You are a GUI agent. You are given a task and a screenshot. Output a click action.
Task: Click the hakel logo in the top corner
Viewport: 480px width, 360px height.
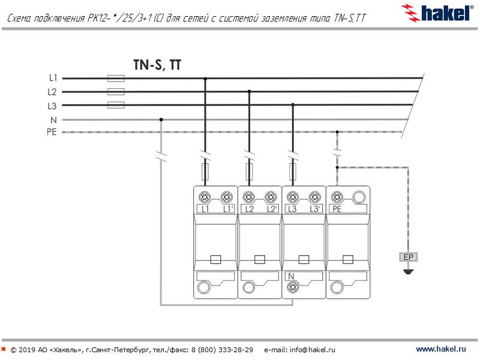point(437,12)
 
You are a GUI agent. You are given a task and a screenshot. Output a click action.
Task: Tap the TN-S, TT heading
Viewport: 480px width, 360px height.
point(157,65)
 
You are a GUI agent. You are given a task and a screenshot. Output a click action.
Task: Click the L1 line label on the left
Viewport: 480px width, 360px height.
point(53,78)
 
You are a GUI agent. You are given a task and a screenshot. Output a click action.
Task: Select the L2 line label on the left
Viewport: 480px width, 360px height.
point(53,92)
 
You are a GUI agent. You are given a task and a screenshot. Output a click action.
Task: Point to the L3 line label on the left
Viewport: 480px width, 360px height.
point(53,106)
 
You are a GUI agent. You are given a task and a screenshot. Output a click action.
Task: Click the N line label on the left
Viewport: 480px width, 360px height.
point(53,119)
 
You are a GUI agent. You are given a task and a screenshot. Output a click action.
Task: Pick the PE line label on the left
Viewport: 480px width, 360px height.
point(52,132)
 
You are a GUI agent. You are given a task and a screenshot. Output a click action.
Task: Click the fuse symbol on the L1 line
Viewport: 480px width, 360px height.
point(115,78)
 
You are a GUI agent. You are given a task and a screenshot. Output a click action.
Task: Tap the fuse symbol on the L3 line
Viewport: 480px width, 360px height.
point(115,106)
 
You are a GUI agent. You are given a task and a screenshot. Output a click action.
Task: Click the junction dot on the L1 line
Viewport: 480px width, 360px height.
point(205,78)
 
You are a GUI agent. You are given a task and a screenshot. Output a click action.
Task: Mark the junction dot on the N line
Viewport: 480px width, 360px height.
point(161,119)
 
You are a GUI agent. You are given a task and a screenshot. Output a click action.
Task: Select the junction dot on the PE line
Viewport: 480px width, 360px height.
point(337,132)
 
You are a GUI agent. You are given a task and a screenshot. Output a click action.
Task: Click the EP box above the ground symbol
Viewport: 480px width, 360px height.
point(409,257)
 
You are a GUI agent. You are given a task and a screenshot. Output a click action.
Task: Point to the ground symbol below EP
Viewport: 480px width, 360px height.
point(409,272)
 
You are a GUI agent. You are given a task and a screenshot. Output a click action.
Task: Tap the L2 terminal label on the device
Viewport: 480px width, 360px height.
point(249,209)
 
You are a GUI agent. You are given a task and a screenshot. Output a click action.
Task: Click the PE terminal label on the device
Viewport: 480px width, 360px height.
point(337,209)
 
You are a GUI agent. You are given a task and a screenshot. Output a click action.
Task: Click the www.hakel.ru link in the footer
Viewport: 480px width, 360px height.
point(440,349)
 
